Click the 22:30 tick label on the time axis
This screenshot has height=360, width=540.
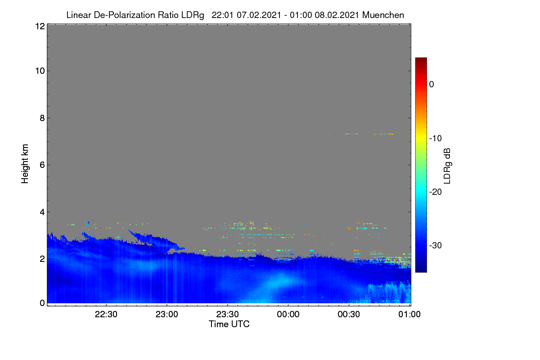pos(106,315)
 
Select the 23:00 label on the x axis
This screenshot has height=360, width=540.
pos(167,315)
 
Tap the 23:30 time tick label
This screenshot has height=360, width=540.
pos(228,315)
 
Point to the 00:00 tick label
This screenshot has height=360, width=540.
pos(288,315)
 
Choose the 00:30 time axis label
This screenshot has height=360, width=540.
pos(349,315)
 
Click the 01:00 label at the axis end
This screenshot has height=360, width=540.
pos(409,315)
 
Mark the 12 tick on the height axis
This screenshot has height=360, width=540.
pos(40,26)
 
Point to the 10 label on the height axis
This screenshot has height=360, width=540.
pos(40,71)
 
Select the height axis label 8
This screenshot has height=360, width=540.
pos(42,118)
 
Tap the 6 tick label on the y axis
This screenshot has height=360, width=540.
pos(42,165)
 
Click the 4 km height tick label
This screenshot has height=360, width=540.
pos(42,212)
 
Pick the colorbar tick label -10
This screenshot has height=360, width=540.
pos(436,139)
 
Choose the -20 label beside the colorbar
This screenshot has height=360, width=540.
pos(436,192)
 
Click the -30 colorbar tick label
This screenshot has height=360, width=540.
pos(436,245)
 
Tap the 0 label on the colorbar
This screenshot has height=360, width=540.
pos(432,85)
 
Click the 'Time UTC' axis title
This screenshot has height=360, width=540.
pos(229,324)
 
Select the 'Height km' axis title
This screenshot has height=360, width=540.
pos(25,164)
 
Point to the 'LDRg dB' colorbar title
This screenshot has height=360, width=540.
pos(447,166)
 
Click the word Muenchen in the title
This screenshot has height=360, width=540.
pos(383,15)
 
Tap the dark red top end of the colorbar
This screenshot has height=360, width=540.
pos(421,59)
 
